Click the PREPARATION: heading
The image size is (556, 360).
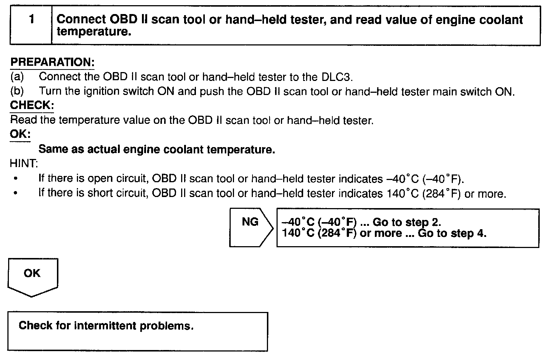(52, 62)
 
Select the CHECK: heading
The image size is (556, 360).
(32, 105)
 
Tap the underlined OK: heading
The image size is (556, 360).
(20, 134)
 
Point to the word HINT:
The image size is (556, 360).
(24, 163)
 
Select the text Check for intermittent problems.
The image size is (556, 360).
(106, 326)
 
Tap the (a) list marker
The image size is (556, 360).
(17, 77)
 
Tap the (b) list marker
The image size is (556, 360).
(17, 91)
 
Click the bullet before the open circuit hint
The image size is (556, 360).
(15, 179)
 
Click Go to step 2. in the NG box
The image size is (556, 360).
(407, 222)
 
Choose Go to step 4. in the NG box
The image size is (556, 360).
(452, 234)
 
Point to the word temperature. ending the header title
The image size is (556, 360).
(94, 32)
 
